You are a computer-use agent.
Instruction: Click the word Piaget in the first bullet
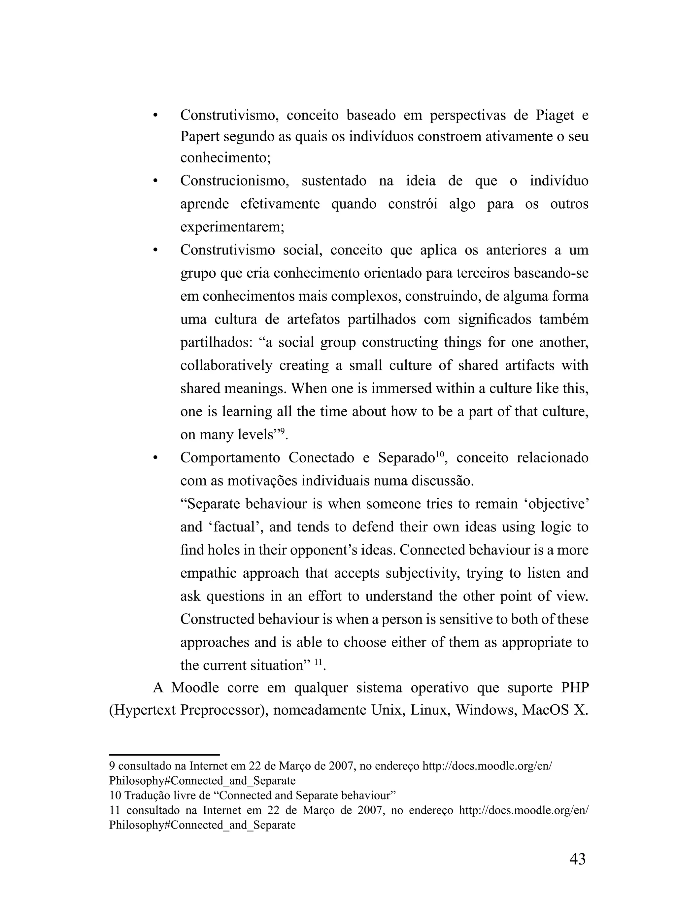click(x=555, y=116)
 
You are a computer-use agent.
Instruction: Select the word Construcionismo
click(x=234, y=181)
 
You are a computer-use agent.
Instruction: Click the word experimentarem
click(x=232, y=227)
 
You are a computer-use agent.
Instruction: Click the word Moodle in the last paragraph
click(x=194, y=688)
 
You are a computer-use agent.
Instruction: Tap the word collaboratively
click(x=226, y=365)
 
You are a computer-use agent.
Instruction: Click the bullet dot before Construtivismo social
click(x=155, y=251)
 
